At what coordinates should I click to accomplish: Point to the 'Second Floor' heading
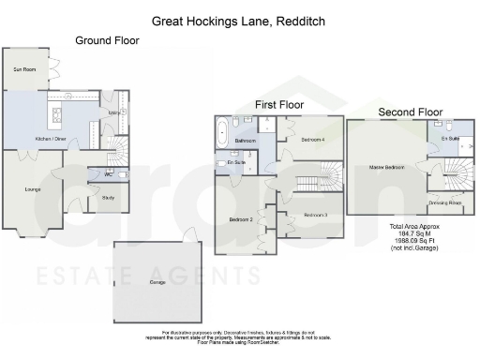pyautogui.click(x=410, y=112)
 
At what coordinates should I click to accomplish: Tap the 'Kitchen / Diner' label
pyautogui.click(x=50, y=139)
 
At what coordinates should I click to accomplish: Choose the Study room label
pyautogui.click(x=109, y=197)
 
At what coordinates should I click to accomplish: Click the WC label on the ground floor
pyautogui.click(x=109, y=173)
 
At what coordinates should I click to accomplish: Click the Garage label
pyautogui.click(x=159, y=281)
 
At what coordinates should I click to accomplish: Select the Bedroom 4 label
pyautogui.click(x=312, y=139)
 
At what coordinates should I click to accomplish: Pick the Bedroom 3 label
pyautogui.click(x=314, y=216)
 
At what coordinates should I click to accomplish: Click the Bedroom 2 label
pyautogui.click(x=241, y=219)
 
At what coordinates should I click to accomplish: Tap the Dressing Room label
pyautogui.click(x=444, y=202)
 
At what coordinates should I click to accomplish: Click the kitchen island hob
pyautogui.click(x=54, y=117)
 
